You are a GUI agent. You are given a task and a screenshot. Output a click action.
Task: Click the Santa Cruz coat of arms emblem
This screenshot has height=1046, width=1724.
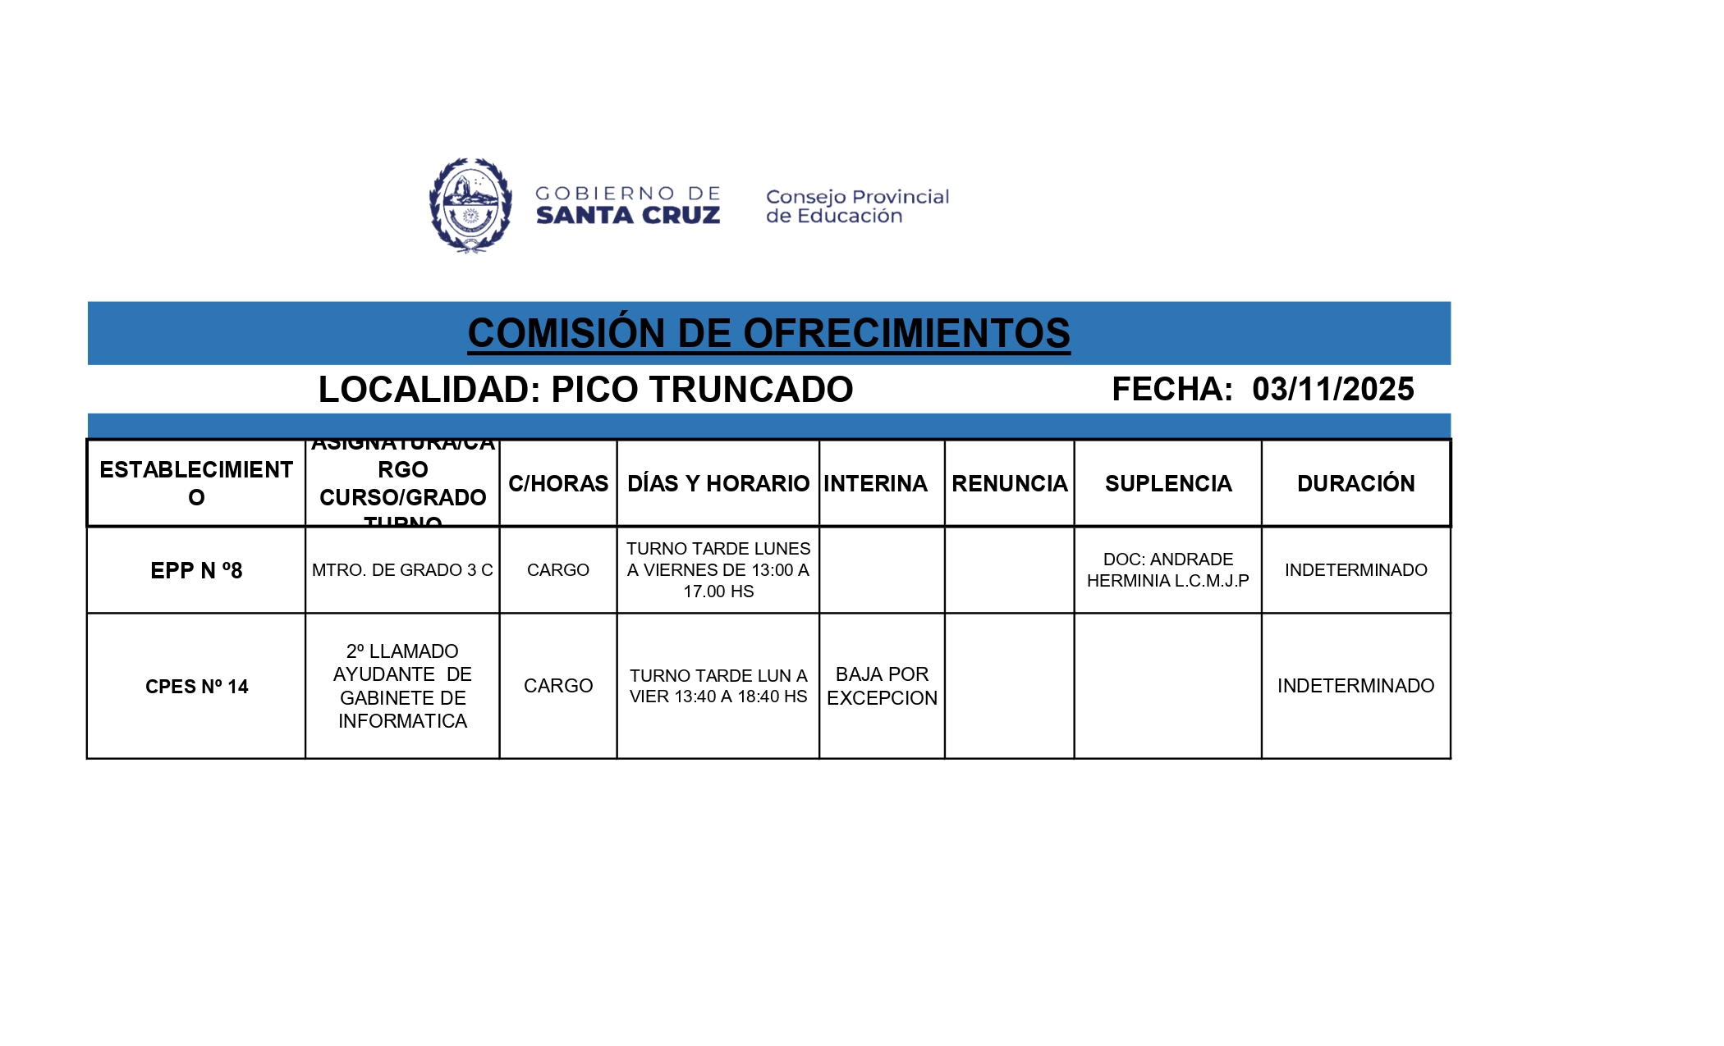[x=470, y=205]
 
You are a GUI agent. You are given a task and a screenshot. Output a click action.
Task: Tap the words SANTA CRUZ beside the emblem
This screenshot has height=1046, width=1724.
[x=628, y=216]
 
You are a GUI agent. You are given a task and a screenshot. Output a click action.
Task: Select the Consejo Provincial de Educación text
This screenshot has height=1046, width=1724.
[x=856, y=206]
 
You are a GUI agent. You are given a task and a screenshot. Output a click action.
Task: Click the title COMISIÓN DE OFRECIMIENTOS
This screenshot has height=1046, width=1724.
[x=768, y=333]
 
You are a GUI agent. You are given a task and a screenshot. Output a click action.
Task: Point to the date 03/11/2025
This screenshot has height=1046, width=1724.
[x=1332, y=389]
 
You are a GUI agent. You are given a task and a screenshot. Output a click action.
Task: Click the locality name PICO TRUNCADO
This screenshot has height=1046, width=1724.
[x=702, y=390]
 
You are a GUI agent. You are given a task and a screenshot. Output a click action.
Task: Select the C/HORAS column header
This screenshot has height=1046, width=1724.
[x=558, y=483]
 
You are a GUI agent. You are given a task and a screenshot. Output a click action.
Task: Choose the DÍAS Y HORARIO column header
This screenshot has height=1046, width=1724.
[x=718, y=483]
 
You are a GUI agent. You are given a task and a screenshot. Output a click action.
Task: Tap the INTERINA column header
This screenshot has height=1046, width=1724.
[x=875, y=483]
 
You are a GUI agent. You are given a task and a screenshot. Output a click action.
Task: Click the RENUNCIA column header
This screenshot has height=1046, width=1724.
[x=1009, y=483]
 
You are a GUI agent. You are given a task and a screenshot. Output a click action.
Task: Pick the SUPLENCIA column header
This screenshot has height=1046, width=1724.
[x=1167, y=483]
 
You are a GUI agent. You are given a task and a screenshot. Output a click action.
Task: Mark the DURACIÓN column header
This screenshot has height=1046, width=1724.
[x=1355, y=483]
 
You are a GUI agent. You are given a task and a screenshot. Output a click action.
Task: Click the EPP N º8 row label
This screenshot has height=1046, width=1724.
[x=196, y=570]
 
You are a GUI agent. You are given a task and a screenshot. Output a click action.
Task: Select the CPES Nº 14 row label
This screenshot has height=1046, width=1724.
[x=196, y=687]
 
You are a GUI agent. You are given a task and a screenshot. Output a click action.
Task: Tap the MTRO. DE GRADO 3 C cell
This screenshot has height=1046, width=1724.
[x=402, y=570]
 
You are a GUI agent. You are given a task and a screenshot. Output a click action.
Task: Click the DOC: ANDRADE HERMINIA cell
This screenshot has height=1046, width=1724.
[x=1167, y=570]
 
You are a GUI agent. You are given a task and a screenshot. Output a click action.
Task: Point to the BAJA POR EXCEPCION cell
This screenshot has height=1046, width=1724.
[x=882, y=686]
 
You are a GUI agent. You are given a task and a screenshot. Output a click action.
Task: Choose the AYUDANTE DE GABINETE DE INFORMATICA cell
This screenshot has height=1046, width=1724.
[x=402, y=686]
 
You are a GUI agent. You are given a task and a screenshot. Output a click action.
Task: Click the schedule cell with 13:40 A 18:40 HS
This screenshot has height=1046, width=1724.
[x=718, y=686]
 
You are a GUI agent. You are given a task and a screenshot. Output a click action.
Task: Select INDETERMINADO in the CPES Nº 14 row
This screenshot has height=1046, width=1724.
[x=1355, y=686]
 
